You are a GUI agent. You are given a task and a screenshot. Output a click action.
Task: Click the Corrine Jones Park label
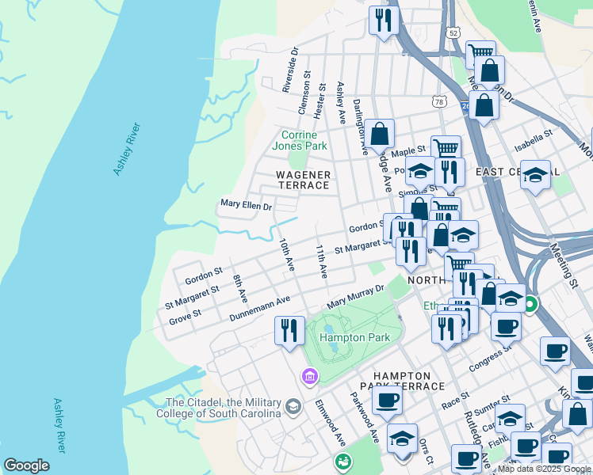pos(299,140)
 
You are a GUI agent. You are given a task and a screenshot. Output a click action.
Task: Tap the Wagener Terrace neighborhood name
pos(302,179)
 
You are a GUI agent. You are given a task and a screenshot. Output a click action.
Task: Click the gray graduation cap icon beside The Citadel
pos(293,407)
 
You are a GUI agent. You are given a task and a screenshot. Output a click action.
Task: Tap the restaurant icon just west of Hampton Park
pos(289,329)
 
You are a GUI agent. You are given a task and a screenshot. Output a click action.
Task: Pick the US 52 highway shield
pos(452,33)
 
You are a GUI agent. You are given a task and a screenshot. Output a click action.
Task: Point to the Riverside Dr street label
pos(291,69)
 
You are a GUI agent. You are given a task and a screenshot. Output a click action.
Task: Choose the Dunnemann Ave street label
pos(260,309)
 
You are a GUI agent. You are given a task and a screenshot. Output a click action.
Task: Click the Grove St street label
pos(185,317)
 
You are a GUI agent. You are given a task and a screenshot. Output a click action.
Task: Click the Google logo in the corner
pos(26,465)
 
